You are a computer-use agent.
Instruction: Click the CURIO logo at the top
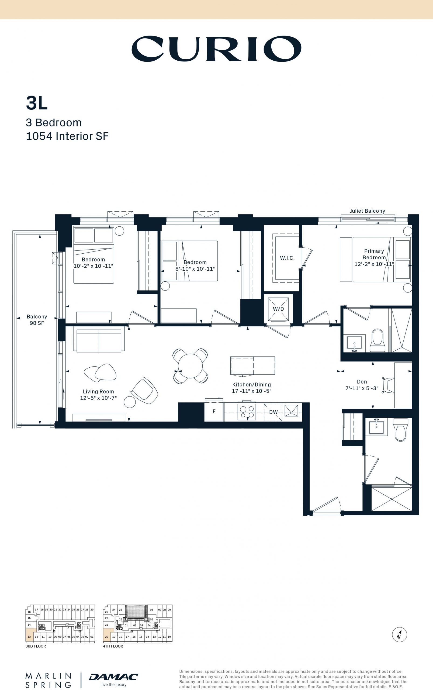[216, 49]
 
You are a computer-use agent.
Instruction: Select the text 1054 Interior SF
[67, 136]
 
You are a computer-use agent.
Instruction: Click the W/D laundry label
[278, 309]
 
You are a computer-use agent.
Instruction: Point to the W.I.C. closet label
[287, 258]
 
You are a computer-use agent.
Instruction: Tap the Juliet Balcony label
[368, 211]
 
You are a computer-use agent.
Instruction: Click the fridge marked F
[214, 412]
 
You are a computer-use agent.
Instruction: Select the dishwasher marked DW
[273, 412]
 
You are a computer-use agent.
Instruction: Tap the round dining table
[190, 366]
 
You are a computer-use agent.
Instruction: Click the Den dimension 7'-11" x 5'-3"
[362, 388]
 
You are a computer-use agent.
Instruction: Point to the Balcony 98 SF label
[37, 320]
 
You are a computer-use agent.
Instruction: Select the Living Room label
[99, 392]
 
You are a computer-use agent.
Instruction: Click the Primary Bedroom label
[374, 254]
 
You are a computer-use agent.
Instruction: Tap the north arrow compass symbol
[400, 634]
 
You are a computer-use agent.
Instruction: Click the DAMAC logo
[114, 677]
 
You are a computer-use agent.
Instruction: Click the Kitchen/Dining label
[252, 385]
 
